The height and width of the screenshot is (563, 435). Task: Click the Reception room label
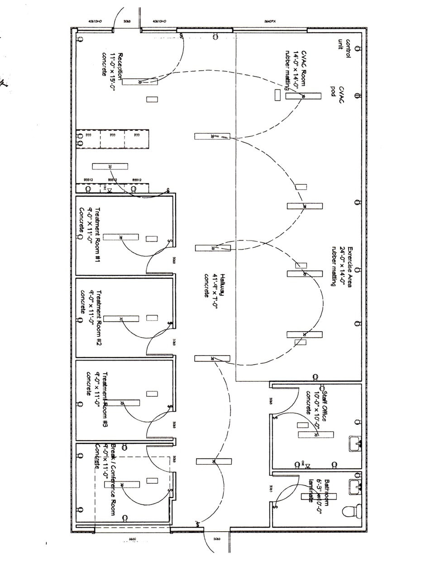click(109, 72)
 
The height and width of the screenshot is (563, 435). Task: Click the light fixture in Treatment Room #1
click(120, 237)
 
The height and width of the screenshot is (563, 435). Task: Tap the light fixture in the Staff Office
click(315, 435)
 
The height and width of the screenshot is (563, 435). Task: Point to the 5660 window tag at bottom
click(133, 539)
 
